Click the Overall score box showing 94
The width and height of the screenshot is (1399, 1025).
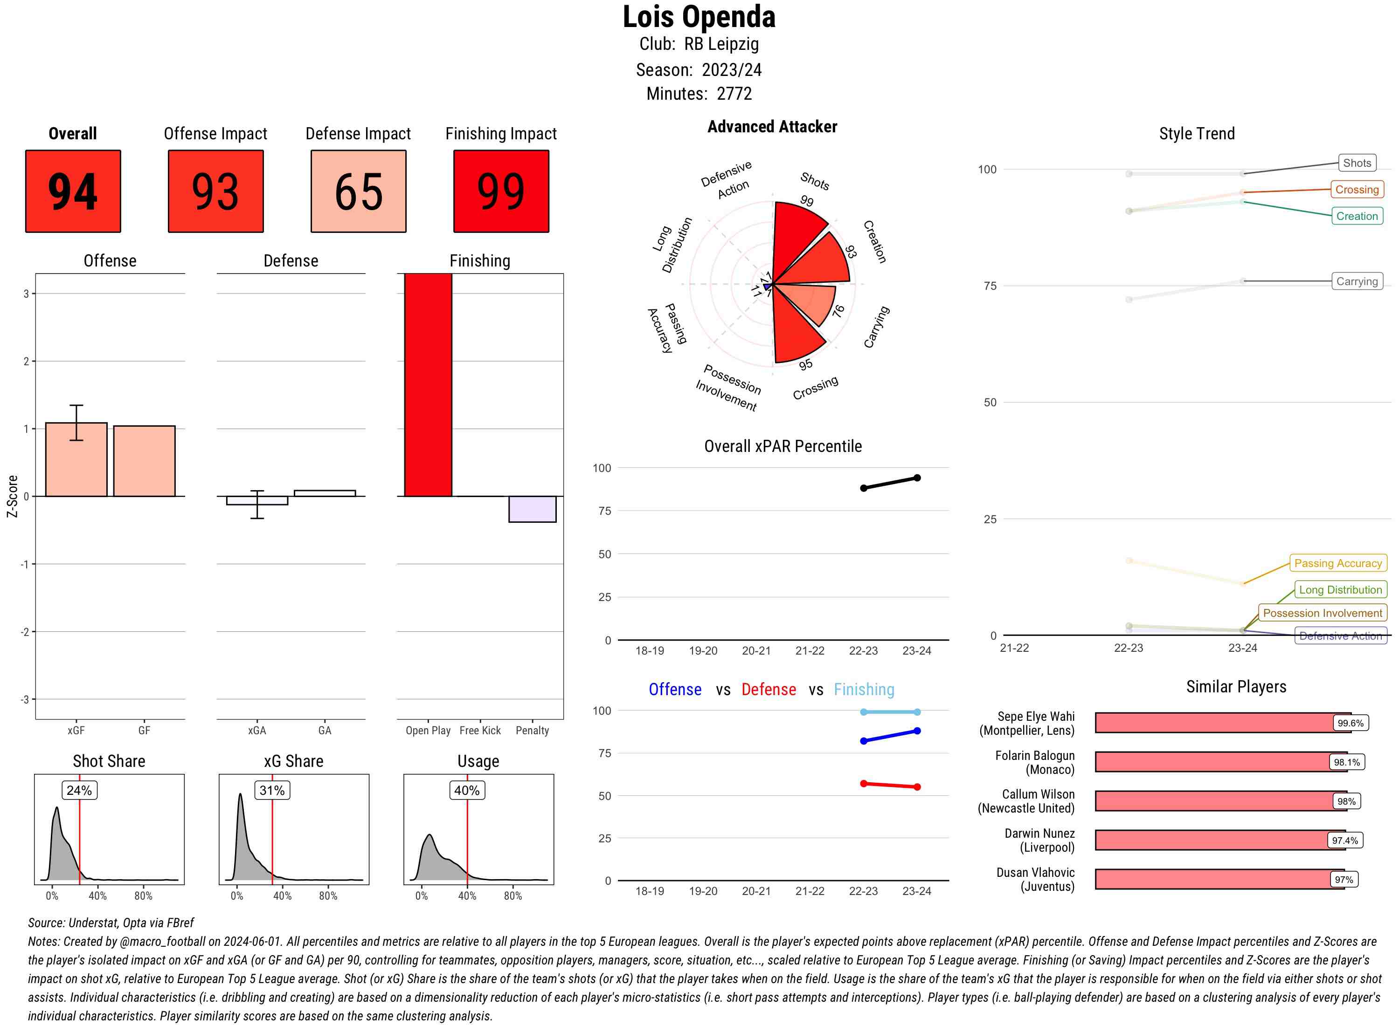(73, 191)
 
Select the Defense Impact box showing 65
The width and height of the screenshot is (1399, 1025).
(358, 191)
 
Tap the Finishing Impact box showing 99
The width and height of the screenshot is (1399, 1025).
(501, 191)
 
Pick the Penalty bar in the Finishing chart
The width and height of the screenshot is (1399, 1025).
(532, 509)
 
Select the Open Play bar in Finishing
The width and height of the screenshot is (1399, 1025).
(428, 385)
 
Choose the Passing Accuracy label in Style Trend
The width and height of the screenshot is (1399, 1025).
(1338, 563)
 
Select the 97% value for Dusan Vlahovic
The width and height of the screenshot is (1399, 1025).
(1344, 879)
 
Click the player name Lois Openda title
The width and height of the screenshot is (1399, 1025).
(699, 17)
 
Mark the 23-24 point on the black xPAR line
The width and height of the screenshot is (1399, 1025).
(917, 478)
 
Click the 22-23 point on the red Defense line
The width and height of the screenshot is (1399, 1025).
(864, 784)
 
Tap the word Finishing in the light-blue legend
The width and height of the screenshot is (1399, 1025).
(864, 690)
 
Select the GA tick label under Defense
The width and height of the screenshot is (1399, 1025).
(325, 730)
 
